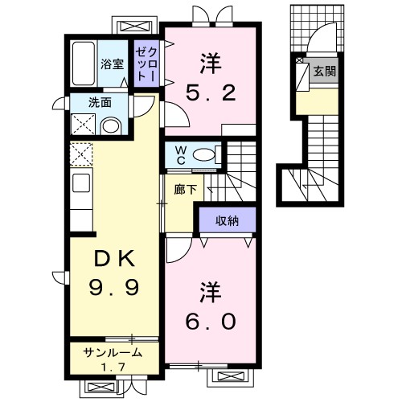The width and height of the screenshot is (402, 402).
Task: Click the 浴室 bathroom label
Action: coord(112,64)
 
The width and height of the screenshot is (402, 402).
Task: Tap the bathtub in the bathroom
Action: coord(84,64)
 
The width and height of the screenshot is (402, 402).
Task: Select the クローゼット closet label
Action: coord(146,64)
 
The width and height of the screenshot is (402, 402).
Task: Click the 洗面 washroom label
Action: coord(100,103)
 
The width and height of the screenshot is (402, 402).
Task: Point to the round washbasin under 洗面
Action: coord(111,126)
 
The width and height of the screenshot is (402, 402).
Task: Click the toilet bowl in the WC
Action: coord(203,155)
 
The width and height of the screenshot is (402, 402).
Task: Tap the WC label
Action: coord(181,155)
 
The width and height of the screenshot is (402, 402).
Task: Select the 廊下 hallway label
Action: coord(186,190)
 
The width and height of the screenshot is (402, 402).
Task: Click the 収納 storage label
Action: coord(228,221)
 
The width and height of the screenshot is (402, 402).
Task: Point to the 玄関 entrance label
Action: coord(325,72)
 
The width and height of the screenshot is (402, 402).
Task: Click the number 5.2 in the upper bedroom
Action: coord(211,92)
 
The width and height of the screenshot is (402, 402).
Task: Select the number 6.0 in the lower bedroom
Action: coord(211,321)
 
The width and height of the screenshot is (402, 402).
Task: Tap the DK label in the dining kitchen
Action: coord(114,258)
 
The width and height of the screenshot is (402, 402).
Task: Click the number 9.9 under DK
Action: coord(114,287)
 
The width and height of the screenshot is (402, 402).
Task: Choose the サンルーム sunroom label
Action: coord(113,353)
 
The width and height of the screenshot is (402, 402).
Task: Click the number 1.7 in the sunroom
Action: coord(113,367)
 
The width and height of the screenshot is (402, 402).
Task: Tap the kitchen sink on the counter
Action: coord(81,183)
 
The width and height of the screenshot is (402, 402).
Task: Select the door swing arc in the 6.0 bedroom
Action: coord(184,255)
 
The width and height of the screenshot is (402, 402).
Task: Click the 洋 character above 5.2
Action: coord(211,64)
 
